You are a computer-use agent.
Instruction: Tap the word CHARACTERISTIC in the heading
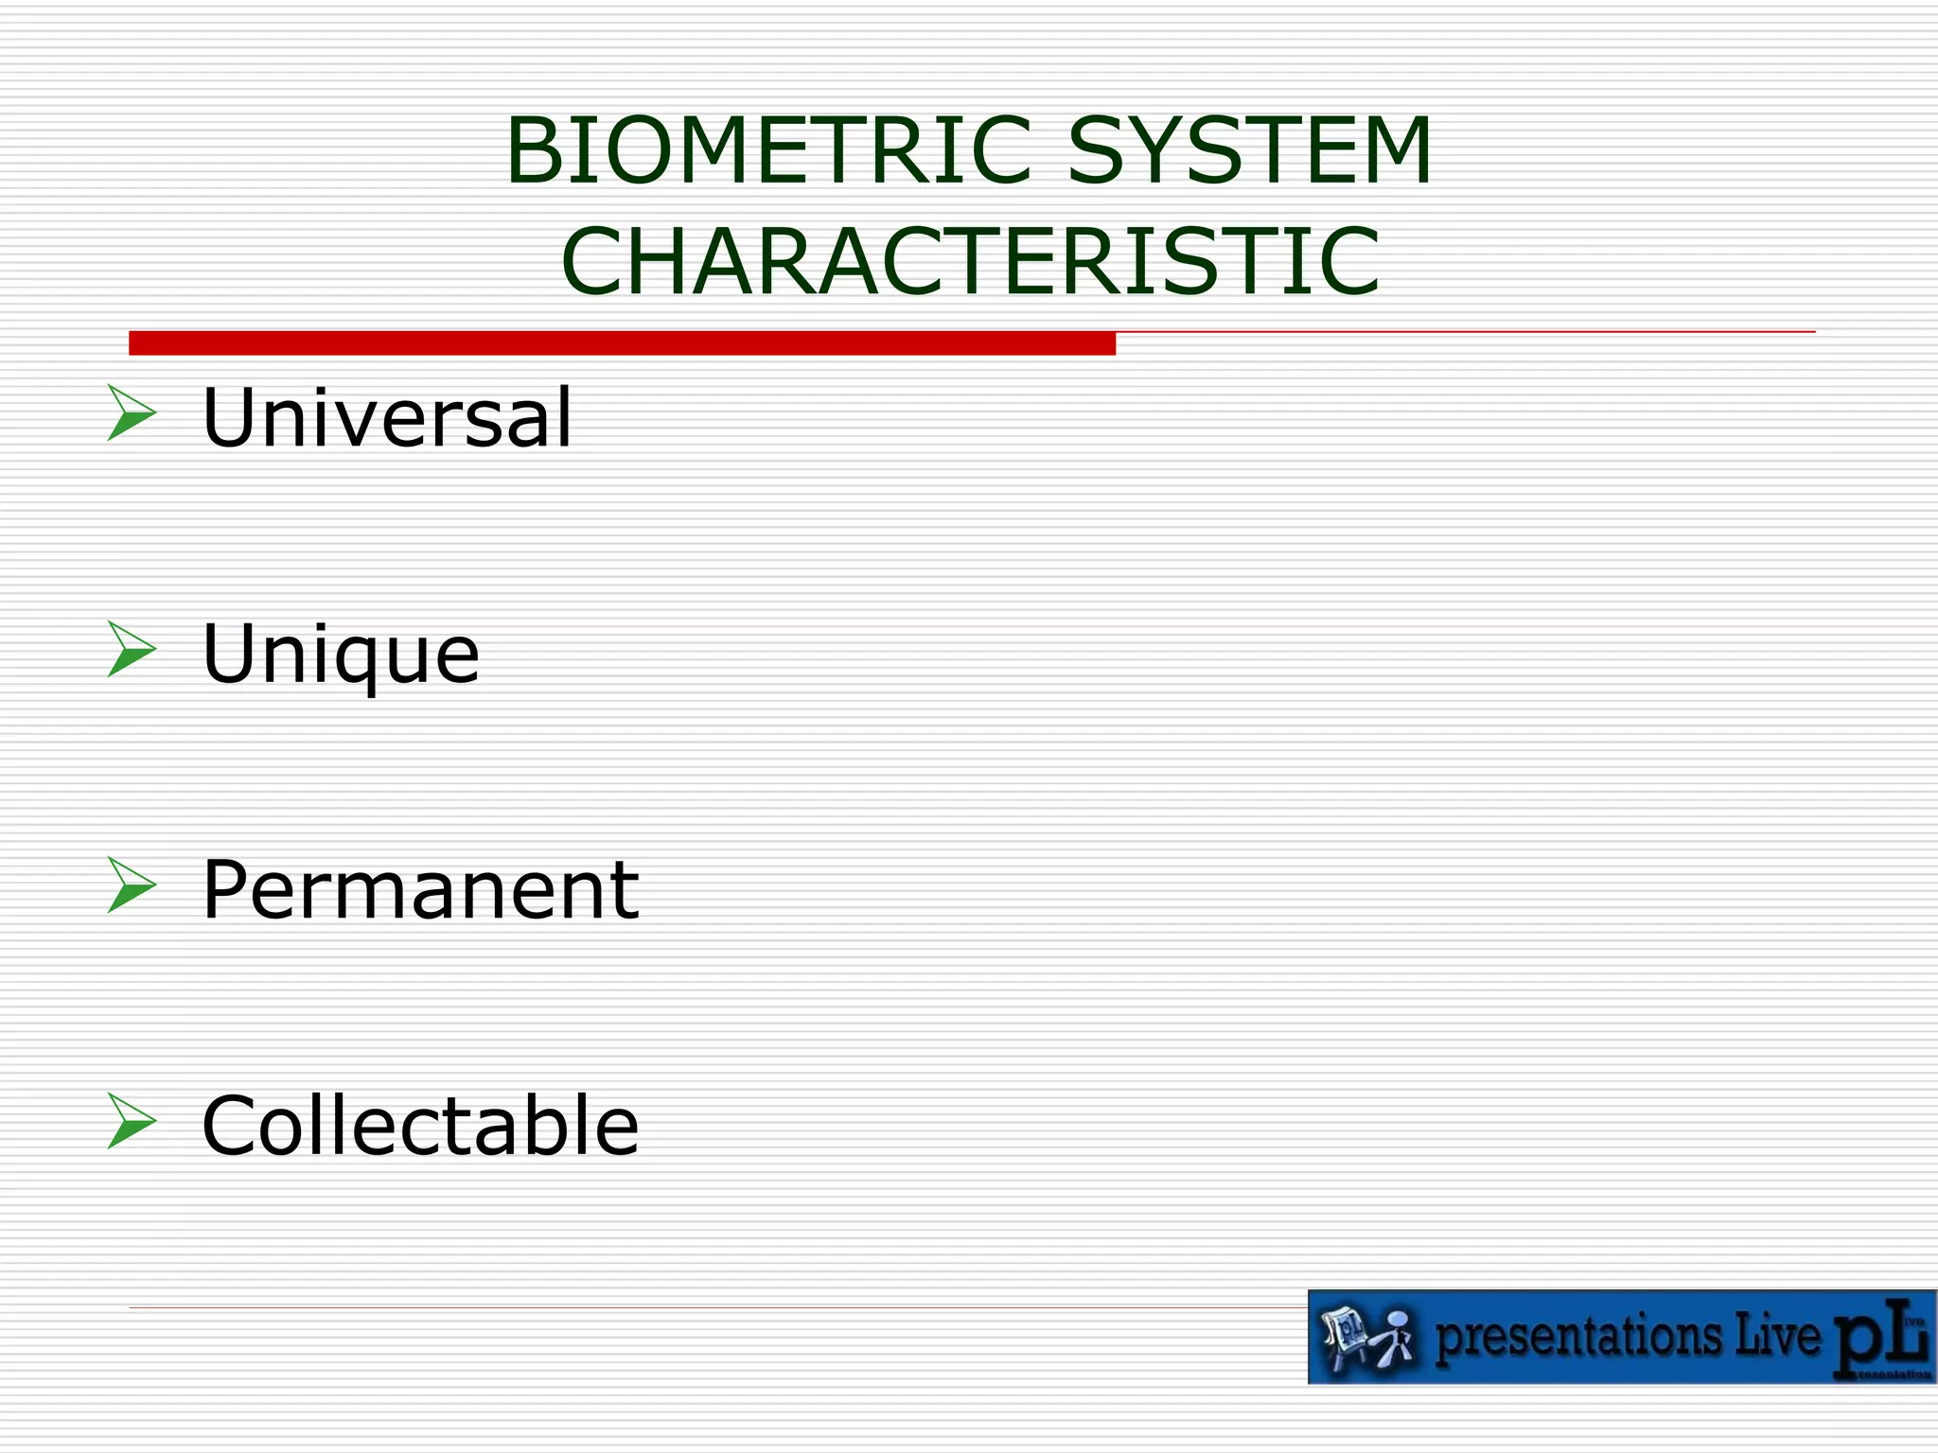[970, 261]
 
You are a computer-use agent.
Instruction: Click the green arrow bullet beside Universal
[131, 412]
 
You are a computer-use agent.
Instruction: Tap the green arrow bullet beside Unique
[131, 649]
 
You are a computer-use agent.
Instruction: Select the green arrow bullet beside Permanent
[131, 884]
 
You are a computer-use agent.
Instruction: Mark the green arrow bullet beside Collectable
[131, 1121]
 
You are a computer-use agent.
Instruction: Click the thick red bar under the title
[622, 343]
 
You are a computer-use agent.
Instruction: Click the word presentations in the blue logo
[1578, 1338]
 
